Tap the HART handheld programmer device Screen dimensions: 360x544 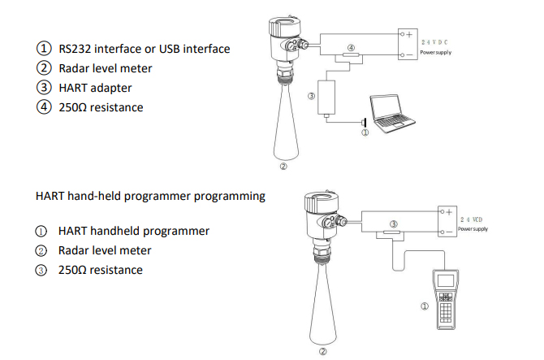point(445,297)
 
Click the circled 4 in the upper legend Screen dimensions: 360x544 point(43,107)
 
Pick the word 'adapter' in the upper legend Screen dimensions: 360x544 point(110,88)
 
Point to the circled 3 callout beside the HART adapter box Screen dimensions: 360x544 point(311,96)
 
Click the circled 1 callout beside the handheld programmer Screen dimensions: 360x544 point(423,306)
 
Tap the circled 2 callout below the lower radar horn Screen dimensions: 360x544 point(322,350)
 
